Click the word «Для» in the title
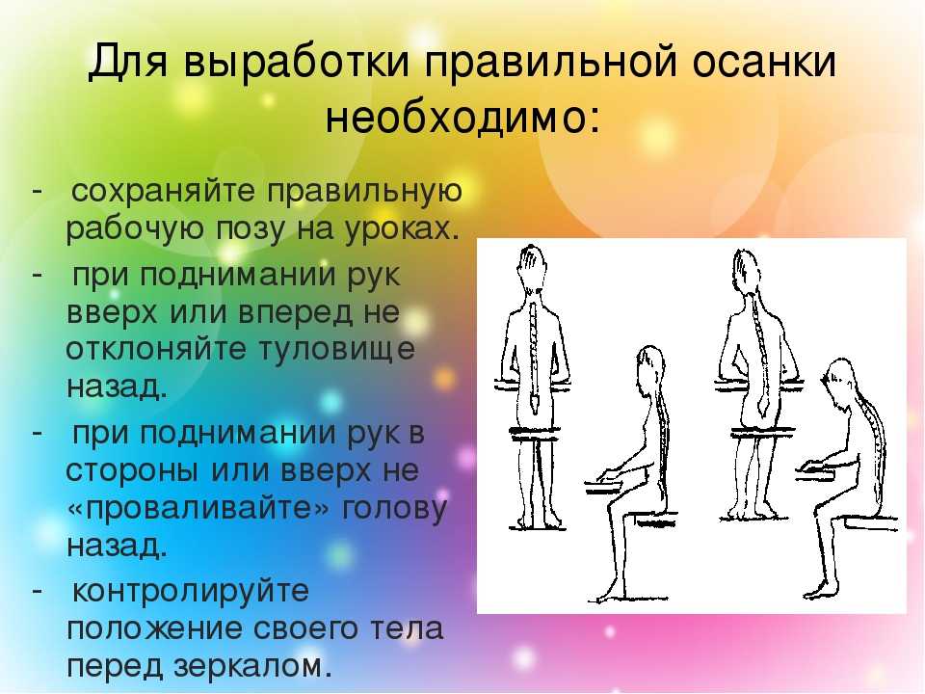coord(127,62)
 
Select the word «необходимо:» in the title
coord(463,117)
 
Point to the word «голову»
coord(395,509)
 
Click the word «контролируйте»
coord(190,591)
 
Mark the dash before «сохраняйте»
coord(38,191)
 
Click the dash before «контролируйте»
coord(38,590)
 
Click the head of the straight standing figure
coord(533,266)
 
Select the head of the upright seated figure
coord(649,367)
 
